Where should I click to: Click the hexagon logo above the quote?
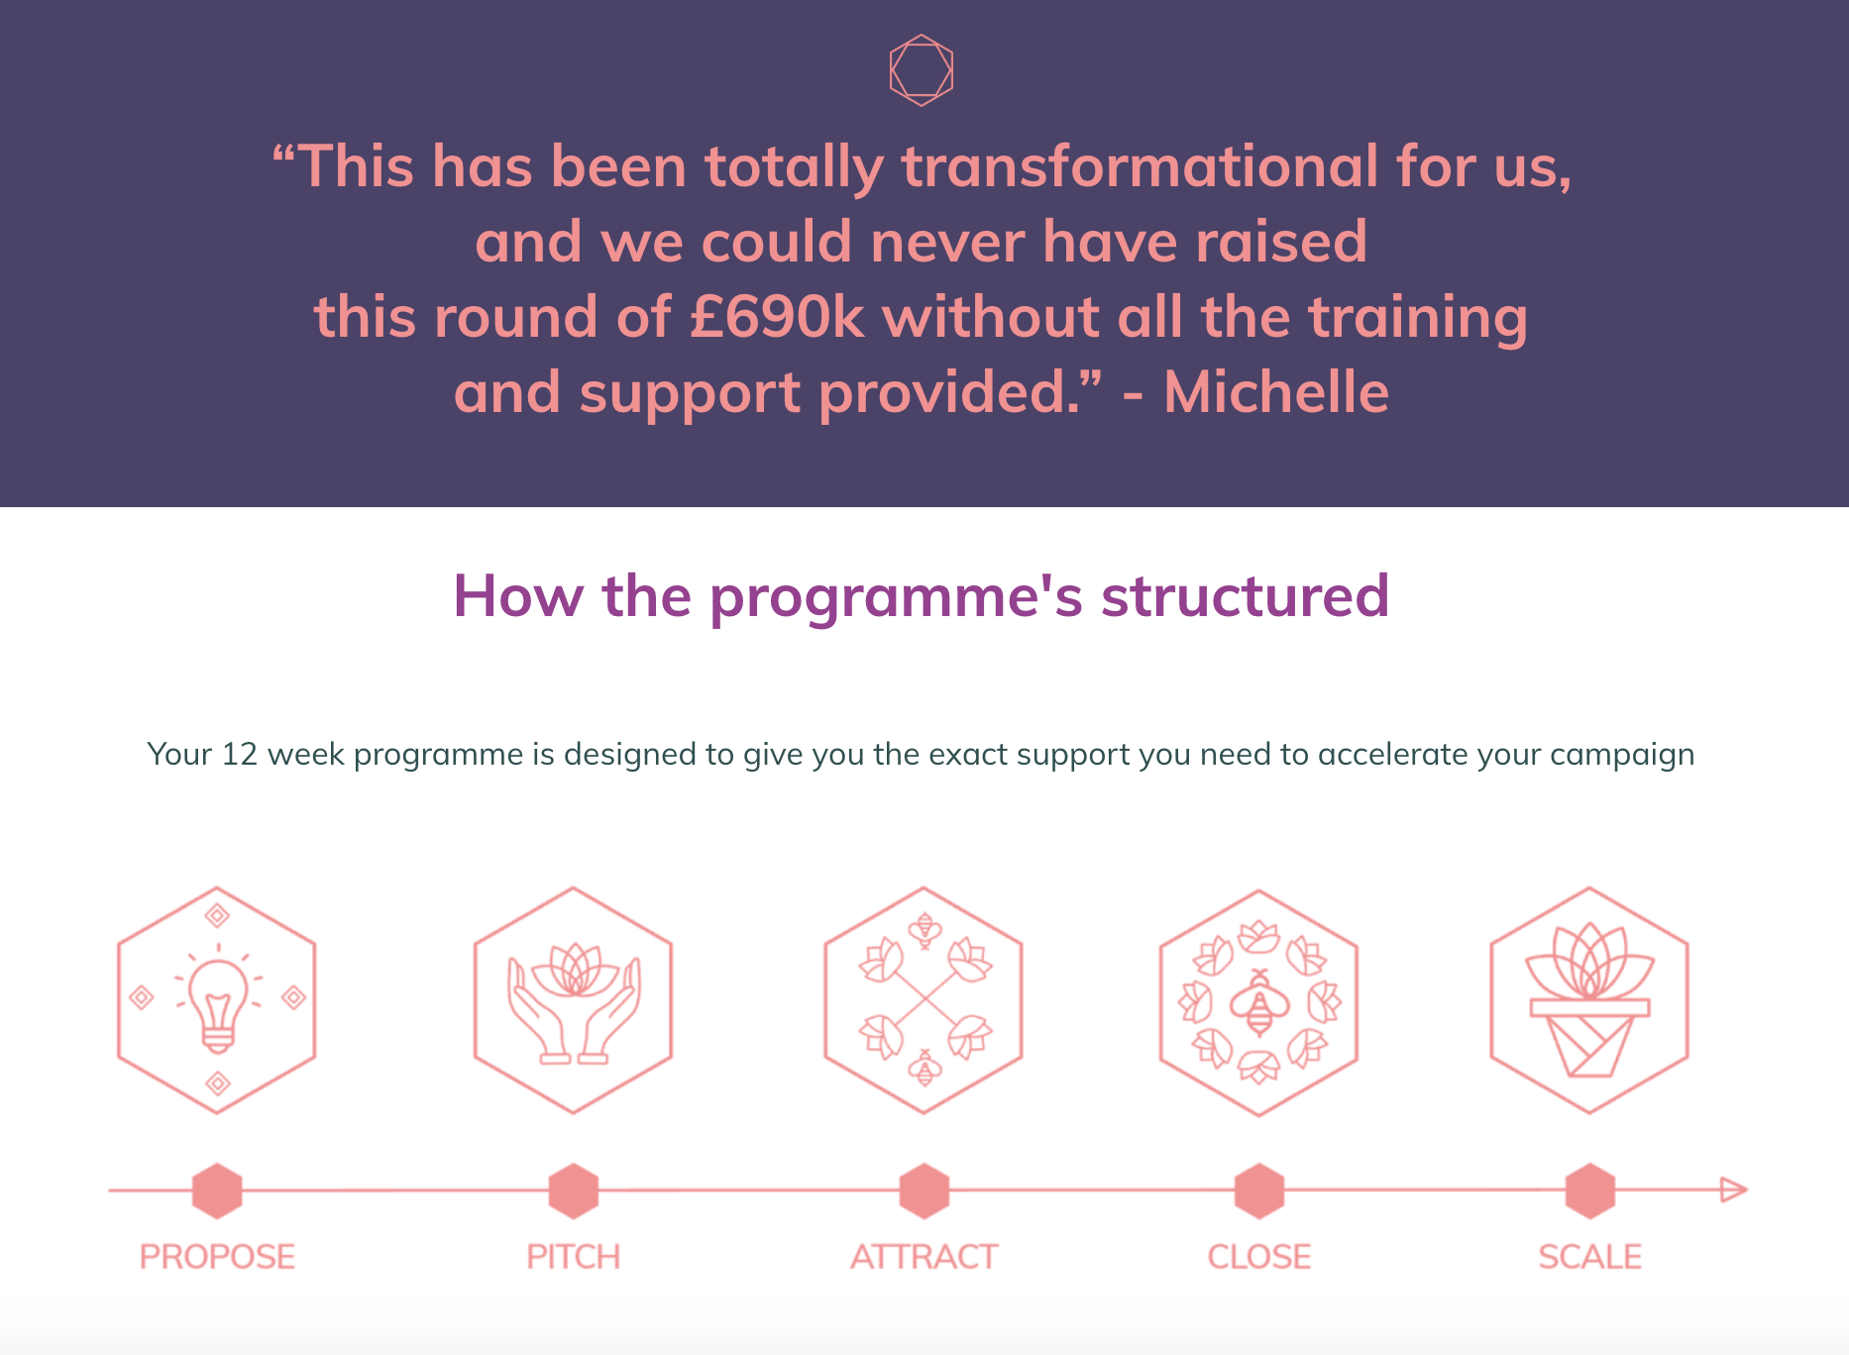coord(922,70)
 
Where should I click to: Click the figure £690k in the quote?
coord(778,317)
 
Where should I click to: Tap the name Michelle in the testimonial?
coord(1276,392)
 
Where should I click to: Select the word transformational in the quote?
coord(1140,165)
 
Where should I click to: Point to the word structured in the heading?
coord(1246,596)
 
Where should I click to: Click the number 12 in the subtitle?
coord(239,755)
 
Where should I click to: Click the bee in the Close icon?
coord(1259,1002)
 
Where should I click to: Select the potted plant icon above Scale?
coord(1589,1000)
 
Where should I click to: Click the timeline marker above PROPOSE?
coord(217,1191)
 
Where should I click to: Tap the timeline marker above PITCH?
coord(573,1191)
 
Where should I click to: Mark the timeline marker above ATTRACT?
coord(924,1191)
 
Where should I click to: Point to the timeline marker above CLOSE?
coord(1259,1191)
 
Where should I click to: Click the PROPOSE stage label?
coord(217,1257)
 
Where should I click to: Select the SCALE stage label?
coord(1589,1257)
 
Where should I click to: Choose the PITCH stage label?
coord(573,1257)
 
